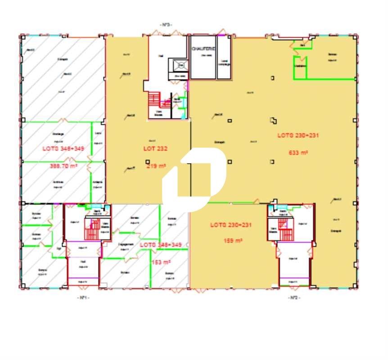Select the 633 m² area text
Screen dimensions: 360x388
pos(298,153)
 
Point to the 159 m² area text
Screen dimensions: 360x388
pos(233,241)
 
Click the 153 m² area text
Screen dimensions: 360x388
pos(161,262)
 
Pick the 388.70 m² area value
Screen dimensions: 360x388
pos(63,166)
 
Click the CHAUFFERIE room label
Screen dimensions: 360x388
pos(203,48)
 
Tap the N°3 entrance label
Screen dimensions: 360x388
pos(166,24)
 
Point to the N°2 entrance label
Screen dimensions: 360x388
pos(294,297)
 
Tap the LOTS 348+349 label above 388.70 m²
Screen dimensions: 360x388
pos(63,148)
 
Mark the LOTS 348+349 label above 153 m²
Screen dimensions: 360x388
pos(161,244)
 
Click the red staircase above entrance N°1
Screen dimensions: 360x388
pos(93,230)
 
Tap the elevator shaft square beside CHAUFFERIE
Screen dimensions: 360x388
pos(181,65)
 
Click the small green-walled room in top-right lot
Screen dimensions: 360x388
pos(301,64)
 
